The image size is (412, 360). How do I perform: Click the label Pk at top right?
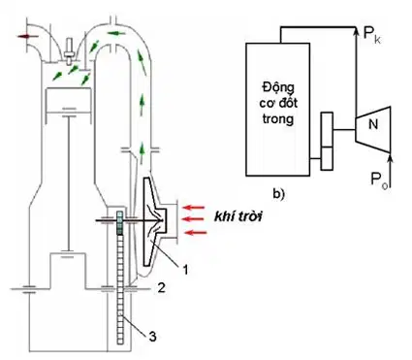point(372,35)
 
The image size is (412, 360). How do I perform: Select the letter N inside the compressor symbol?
point(373,124)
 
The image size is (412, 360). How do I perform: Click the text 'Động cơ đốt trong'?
point(278,103)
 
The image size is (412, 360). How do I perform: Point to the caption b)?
point(278,194)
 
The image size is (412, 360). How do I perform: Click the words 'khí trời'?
point(238,216)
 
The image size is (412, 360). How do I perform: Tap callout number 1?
point(185,269)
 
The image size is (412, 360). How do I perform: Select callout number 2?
point(161,287)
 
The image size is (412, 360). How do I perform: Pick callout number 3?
point(152,337)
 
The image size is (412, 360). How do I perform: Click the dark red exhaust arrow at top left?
point(25,36)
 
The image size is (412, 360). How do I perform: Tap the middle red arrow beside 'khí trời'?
point(193,219)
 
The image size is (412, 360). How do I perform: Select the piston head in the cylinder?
point(68,100)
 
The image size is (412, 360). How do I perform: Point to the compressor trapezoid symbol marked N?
point(373,129)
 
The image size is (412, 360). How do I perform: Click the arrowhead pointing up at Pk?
point(356,30)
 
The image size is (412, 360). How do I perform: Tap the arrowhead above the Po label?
point(391,157)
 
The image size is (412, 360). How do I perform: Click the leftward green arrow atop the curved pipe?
point(115,33)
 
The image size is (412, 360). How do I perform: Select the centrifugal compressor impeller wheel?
point(155,221)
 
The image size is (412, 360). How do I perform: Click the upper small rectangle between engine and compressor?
point(327,129)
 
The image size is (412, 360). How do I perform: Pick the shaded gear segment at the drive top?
point(120,222)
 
